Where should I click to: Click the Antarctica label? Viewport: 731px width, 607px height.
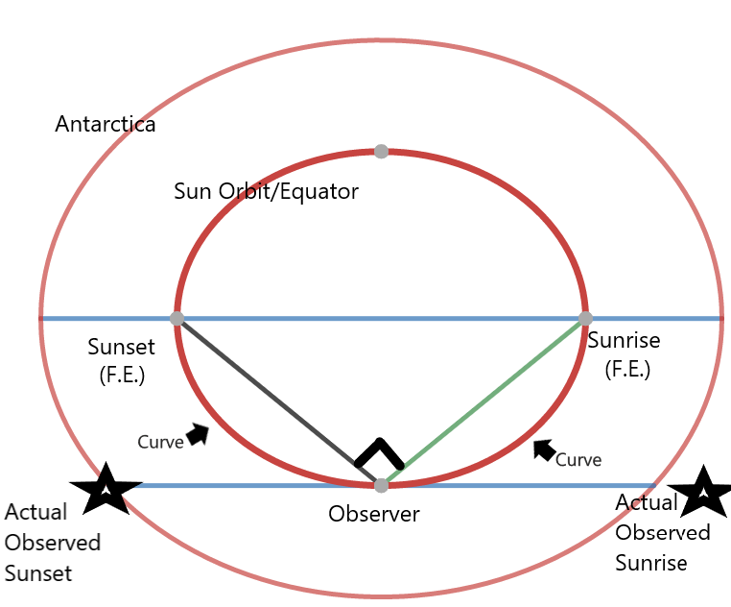click(106, 125)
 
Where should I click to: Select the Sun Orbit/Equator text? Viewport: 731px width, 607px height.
click(266, 191)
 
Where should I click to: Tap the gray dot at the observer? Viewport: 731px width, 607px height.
click(381, 485)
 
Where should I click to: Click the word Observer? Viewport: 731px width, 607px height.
click(374, 515)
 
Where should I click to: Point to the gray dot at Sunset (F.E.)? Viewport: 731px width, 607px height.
click(177, 318)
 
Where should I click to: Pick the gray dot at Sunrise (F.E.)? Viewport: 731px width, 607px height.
click(585, 318)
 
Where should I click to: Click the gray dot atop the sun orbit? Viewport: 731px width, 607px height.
click(381, 151)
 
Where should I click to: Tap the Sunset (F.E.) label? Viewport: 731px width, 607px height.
click(121, 359)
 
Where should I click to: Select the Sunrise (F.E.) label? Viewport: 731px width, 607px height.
click(625, 353)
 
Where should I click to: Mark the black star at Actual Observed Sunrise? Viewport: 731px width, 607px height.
click(704, 493)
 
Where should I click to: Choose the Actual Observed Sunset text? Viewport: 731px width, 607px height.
click(53, 543)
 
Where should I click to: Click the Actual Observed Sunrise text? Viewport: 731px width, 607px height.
click(662, 532)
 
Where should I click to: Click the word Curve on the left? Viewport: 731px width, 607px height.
click(160, 443)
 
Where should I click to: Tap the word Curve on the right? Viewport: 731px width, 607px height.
click(578, 460)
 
